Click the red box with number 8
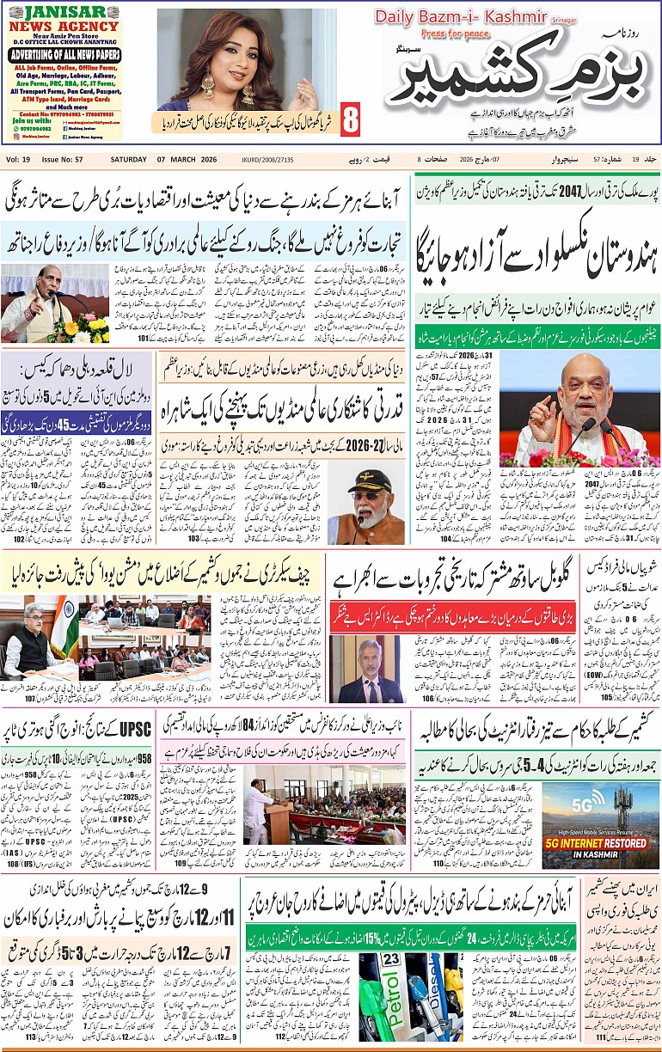pos(350,119)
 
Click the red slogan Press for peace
pos(453,35)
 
